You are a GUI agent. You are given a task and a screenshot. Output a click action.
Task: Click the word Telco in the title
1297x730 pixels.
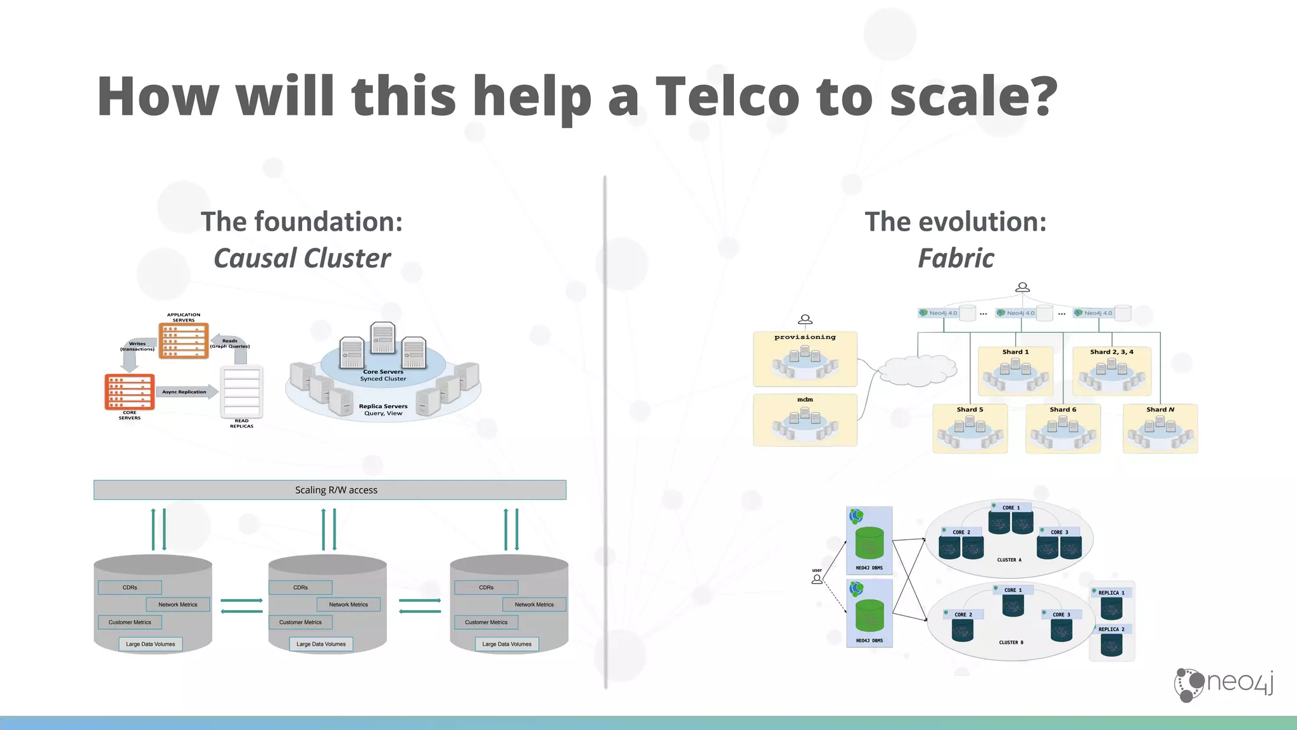728,96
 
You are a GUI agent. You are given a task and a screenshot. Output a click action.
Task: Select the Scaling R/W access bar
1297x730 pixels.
330,490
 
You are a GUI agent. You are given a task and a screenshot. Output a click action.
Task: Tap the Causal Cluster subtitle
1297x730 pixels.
302,259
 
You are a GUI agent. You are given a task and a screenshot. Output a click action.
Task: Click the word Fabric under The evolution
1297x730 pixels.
956,259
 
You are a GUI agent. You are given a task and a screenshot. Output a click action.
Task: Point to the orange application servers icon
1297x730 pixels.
184,341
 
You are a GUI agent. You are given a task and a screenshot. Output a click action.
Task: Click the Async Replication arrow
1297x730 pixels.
185,392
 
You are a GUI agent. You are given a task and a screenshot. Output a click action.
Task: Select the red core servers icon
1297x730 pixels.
129,392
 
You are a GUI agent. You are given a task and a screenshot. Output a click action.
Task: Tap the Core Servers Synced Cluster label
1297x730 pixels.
383,375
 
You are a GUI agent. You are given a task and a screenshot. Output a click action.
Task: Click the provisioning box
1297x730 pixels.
805,359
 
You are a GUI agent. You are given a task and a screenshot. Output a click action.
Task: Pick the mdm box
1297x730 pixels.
805,420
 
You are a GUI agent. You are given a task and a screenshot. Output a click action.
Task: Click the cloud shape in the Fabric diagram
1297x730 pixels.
918,370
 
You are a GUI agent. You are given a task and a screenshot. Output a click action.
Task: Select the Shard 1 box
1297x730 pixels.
1015,371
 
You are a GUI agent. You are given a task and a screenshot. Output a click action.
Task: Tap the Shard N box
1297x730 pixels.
1160,429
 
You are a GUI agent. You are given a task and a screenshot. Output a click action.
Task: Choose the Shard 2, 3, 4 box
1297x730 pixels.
1111,371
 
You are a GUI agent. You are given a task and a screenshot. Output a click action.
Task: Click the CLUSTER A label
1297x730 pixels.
1009,560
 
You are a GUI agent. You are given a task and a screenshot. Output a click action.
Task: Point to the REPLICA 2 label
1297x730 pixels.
1111,629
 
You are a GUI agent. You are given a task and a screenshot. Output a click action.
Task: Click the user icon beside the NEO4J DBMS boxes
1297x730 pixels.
817,579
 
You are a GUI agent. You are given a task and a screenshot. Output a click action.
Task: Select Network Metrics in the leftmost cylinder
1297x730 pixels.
178,605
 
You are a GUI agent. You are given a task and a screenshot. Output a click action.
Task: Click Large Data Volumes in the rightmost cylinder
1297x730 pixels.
507,644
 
